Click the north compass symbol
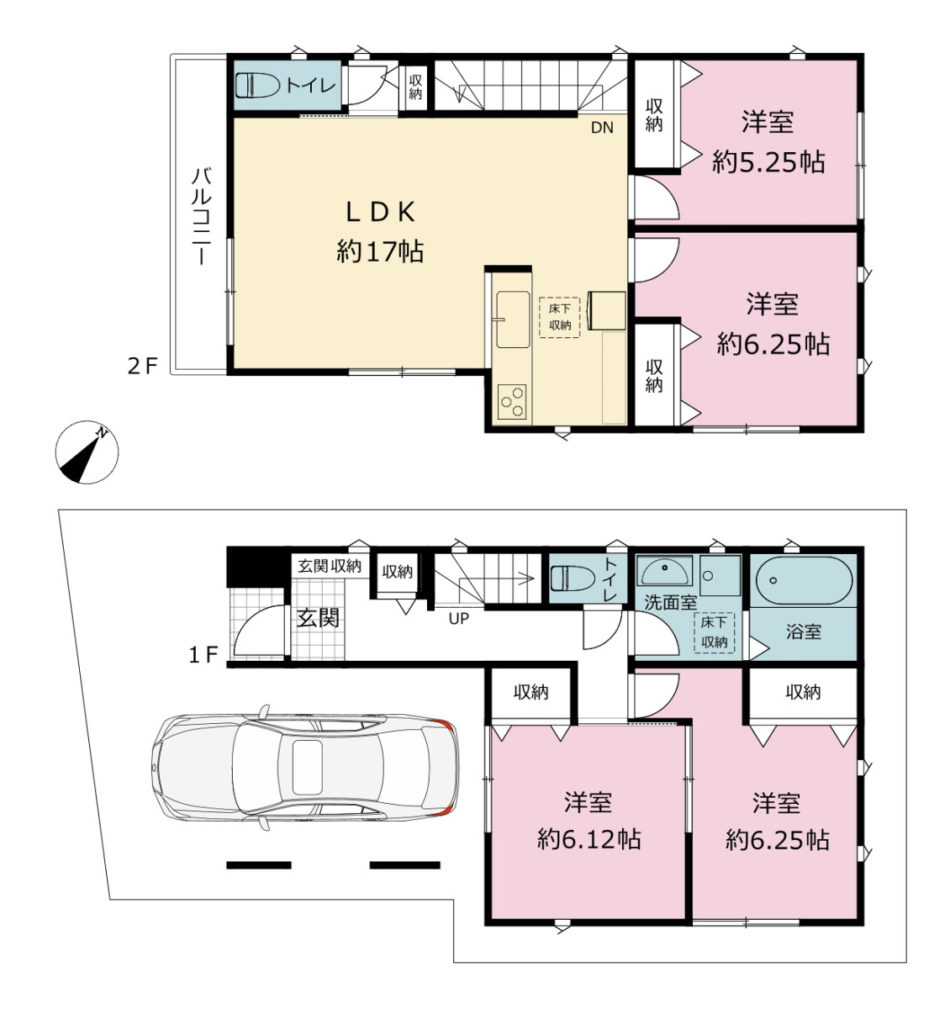(87, 452)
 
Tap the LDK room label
(381, 213)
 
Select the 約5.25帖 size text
(768, 162)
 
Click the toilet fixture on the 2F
(258, 85)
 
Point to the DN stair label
(602, 128)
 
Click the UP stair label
(459, 619)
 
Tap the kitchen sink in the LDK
(513, 320)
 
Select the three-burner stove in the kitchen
(512, 401)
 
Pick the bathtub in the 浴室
(804, 580)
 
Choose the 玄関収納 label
(330, 566)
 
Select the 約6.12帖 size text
(588, 839)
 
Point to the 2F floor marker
(143, 366)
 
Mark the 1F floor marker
(203, 655)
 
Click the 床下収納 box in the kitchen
(559, 318)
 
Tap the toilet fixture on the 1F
(573, 578)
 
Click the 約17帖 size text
(380, 251)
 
